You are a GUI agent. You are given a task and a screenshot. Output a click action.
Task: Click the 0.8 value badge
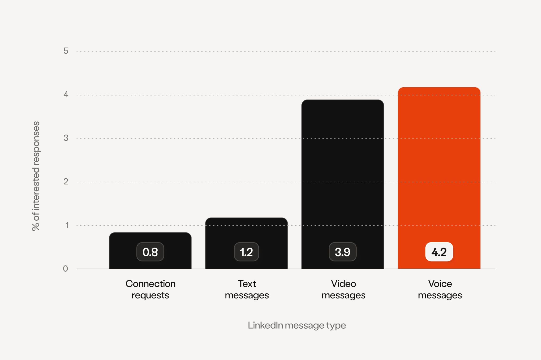point(150,252)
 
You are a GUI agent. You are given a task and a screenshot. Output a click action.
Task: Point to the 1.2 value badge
point(246,252)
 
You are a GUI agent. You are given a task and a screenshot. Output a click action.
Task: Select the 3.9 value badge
point(343,252)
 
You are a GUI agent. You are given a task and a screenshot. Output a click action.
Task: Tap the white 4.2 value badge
point(439,252)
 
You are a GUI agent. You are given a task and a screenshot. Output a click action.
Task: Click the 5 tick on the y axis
point(66,51)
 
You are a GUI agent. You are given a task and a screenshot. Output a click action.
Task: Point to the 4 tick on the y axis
point(66,94)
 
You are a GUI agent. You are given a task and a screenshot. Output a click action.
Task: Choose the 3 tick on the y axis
point(66,138)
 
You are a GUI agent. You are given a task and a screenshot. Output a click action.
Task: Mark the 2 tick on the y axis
point(66,182)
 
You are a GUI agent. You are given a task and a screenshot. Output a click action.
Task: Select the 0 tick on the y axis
point(66,269)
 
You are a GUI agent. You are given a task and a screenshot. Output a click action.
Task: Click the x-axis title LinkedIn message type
point(297,325)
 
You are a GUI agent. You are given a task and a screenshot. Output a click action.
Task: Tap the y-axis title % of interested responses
point(36,176)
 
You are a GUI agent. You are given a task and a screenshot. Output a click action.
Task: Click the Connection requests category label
point(150,289)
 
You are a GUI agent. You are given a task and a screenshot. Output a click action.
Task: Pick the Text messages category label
point(247,289)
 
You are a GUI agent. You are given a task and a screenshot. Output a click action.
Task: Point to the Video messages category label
point(343,289)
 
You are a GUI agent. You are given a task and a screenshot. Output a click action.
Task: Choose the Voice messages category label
point(440,289)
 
